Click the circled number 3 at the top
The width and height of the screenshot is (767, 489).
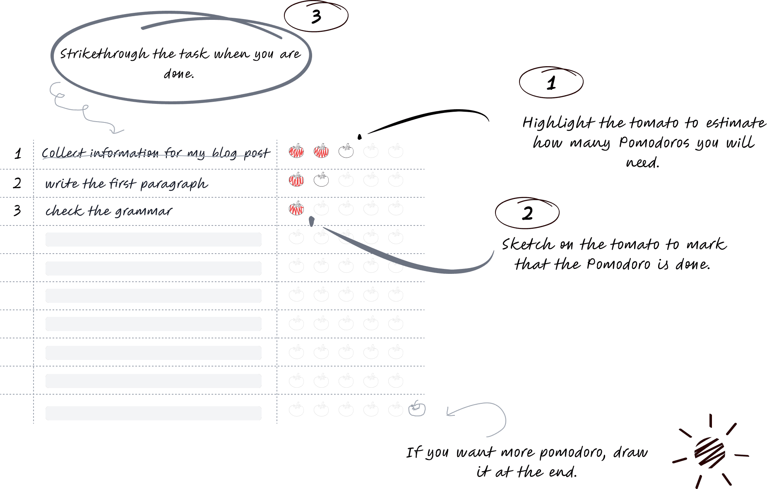coord(316,17)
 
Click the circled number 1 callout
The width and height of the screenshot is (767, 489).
coord(551,83)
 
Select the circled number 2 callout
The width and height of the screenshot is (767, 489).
coord(527,213)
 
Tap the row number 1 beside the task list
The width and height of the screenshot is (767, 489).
coord(18,154)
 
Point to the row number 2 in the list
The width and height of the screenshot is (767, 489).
coord(17,183)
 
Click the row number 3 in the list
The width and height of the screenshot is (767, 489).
coord(17,211)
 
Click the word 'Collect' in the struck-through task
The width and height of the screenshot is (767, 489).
coord(63,153)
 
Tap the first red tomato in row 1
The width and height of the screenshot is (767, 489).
coord(296,151)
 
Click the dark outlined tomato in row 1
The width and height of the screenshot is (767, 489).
coord(346,151)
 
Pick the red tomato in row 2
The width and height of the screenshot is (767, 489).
coord(296,180)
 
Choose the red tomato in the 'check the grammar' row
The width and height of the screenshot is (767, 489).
coord(296,209)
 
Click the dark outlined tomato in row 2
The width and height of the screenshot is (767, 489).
coord(321,180)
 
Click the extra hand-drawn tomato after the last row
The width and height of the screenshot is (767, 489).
coord(417,409)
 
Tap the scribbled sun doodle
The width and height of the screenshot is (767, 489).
coord(709,452)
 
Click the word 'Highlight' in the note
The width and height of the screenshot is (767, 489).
coord(558,123)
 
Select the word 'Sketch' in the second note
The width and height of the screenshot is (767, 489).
coord(527,244)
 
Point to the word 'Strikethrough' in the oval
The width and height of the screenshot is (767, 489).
coord(103,54)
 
